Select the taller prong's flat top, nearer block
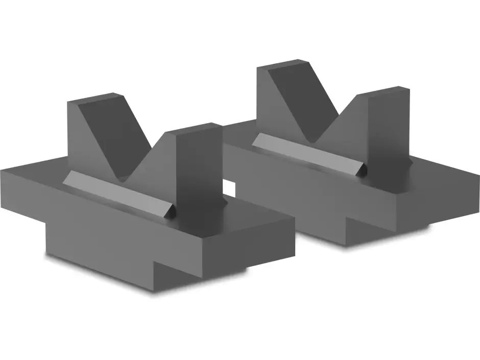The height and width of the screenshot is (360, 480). pos(95,98)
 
